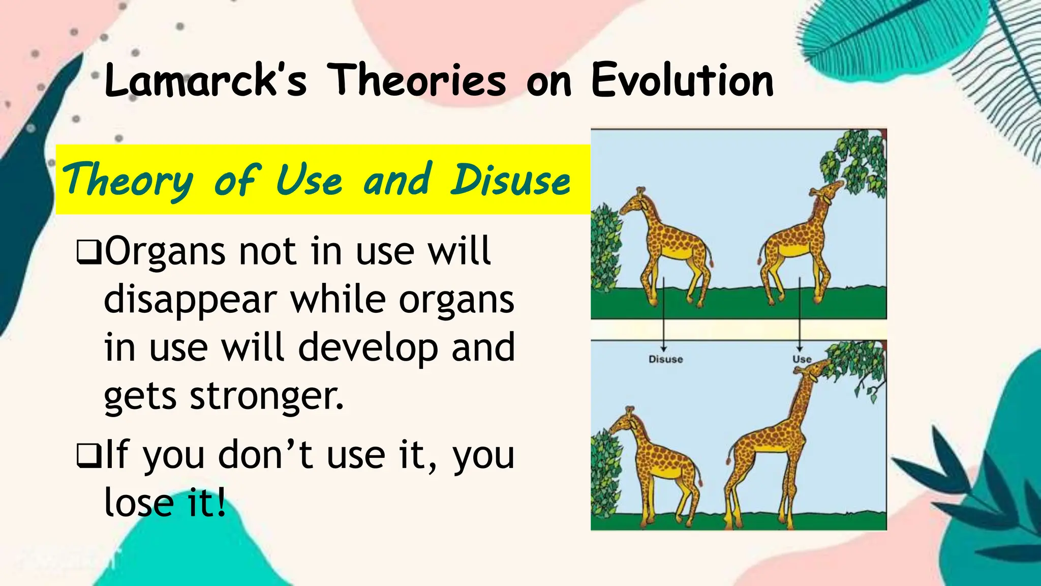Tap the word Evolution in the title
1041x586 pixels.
coord(682,80)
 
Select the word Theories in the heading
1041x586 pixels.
coord(416,80)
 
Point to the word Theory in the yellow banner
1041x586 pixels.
coord(127,181)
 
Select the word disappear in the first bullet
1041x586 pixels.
coord(190,300)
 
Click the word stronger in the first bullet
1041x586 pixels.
coord(266,396)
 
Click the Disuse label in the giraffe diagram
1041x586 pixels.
coord(665,359)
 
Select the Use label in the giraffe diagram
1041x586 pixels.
coord(801,359)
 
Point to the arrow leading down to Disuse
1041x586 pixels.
coord(664,315)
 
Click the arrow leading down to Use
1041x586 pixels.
coord(800,315)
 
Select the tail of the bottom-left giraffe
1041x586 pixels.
coord(699,476)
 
